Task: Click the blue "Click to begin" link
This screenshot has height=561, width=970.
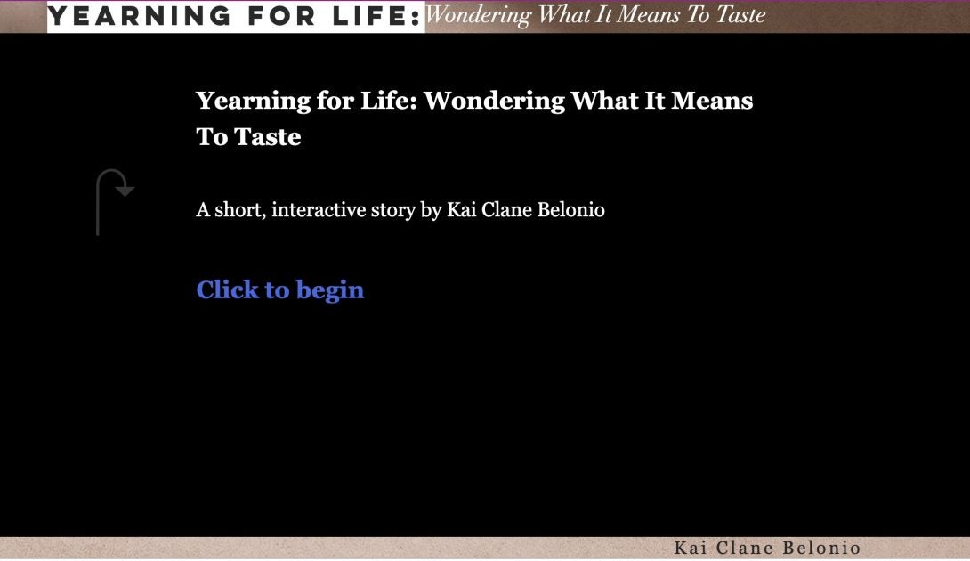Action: [280, 289]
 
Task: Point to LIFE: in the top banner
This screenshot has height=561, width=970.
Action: [376, 16]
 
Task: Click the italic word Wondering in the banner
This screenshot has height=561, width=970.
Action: [478, 15]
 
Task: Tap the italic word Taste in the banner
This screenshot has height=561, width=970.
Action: [740, 14]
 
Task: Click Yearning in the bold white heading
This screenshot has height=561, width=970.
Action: [253, 101]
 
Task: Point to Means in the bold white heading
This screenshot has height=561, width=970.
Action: [712, 101]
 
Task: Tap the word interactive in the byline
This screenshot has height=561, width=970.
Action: [319, 210]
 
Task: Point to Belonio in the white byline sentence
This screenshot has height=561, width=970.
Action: [571, 210]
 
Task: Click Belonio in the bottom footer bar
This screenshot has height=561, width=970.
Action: [821, 548]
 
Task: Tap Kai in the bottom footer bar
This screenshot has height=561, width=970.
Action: [691, 548]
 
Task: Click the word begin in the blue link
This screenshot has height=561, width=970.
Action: [330, 290]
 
